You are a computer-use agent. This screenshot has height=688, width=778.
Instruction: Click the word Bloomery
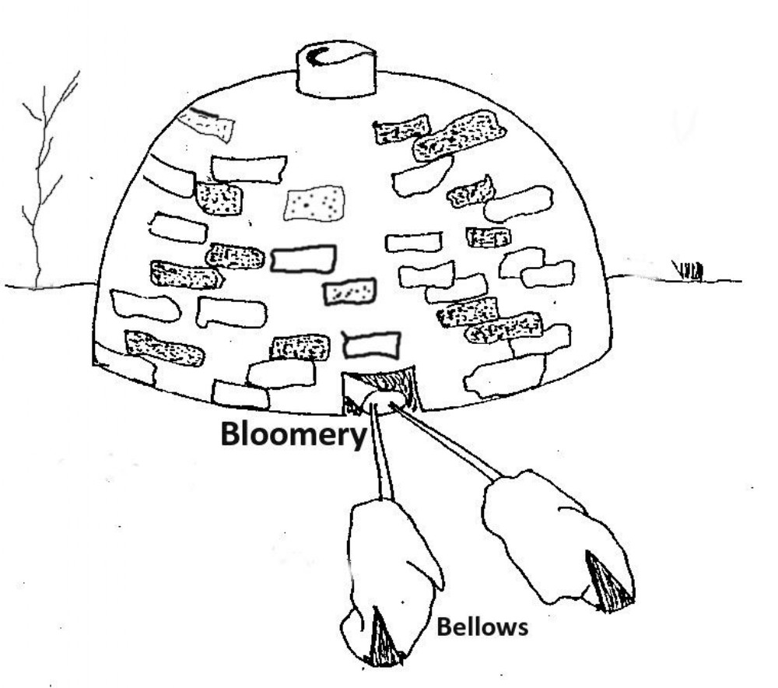293,435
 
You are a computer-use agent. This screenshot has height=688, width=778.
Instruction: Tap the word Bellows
482,627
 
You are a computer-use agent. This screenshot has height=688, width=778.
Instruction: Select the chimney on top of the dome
335,69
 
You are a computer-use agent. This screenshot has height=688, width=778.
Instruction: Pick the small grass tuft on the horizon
689,271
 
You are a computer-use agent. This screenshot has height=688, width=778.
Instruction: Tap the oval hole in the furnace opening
384,399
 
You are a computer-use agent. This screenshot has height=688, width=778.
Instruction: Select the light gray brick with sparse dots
314,203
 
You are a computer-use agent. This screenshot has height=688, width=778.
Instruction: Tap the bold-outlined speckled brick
349,291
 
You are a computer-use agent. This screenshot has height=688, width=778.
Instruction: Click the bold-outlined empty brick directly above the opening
372,345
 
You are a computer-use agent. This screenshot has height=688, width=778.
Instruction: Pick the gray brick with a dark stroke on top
206,123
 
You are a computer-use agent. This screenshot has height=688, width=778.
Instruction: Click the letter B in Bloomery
231,434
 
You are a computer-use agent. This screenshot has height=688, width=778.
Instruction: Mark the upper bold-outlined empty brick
303,258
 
